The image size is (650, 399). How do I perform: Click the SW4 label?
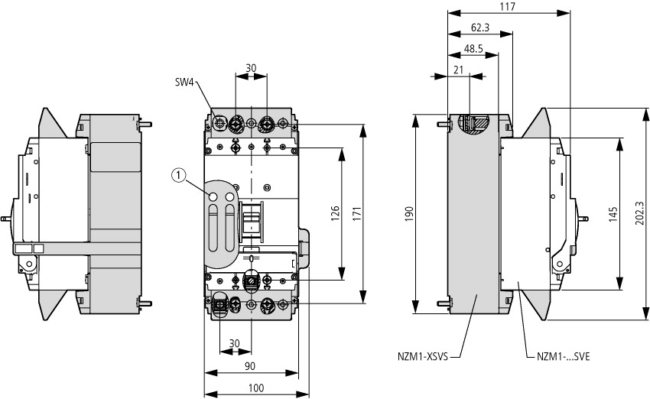186,81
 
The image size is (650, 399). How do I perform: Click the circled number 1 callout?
178,177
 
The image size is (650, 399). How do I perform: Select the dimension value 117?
506,6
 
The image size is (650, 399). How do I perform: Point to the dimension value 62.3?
480,28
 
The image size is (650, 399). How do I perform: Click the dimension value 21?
458,70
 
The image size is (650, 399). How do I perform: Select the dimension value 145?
613,214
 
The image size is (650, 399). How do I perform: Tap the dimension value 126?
333,212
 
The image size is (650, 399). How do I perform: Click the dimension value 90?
249,367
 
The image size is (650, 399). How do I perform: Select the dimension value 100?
255,388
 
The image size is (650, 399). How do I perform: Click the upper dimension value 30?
250,67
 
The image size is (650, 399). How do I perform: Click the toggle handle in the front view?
251,220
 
